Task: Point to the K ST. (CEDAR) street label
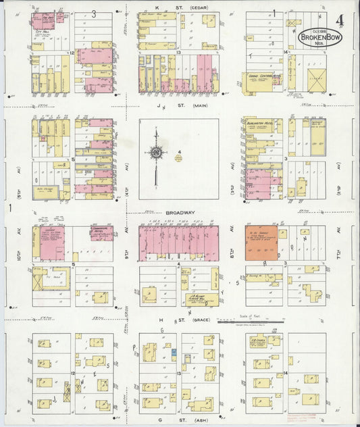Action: click(179, 8)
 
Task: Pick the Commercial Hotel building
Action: click(102, 234)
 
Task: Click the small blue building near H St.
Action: click(174, 352)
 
